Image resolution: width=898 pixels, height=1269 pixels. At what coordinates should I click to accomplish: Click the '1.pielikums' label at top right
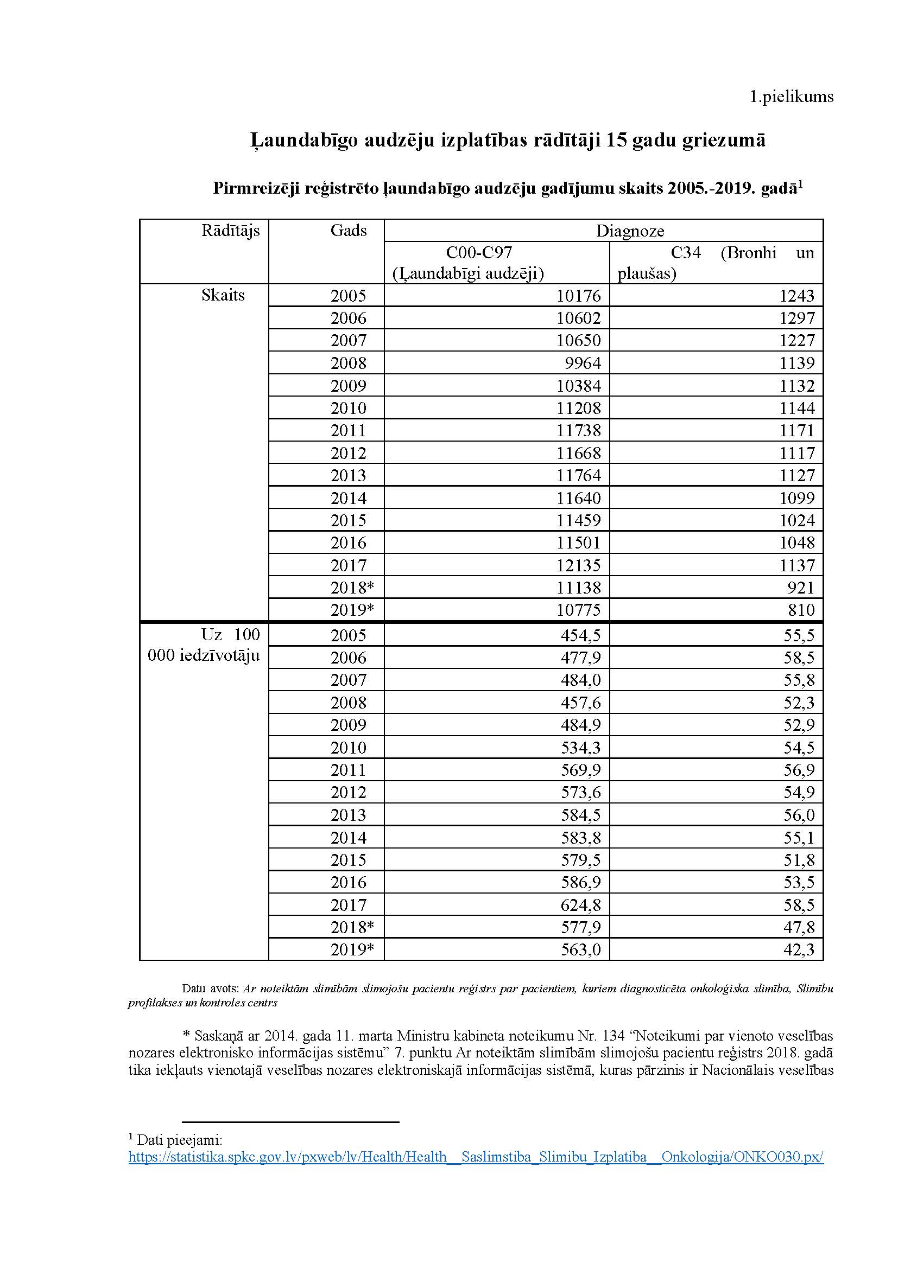point(791,97)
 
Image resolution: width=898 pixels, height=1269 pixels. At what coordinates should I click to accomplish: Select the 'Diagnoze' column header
point(630,231)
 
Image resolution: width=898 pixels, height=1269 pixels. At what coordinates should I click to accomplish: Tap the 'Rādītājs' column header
point(230,231)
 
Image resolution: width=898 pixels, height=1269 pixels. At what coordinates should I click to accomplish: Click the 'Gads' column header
point(349,231)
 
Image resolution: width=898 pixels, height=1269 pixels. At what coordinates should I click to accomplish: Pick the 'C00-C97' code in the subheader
point(479,253)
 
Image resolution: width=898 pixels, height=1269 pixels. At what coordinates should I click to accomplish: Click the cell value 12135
point(578,565)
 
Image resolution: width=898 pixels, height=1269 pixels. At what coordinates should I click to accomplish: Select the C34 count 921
point(801,588)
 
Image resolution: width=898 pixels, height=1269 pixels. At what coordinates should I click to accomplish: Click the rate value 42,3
point(799,950)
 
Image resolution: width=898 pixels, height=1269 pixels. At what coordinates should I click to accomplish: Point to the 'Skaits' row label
point(223,295)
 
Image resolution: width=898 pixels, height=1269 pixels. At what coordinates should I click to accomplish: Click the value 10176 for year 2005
point(578,296)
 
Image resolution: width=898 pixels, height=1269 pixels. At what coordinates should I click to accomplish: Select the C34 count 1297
point(797,318)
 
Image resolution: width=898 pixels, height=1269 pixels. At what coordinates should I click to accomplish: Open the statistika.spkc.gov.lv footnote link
point(476,1157)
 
